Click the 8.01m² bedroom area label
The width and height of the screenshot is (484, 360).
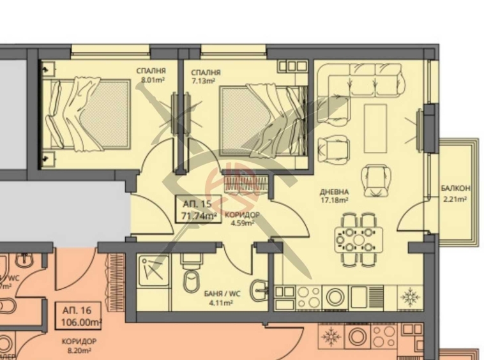(153, 81)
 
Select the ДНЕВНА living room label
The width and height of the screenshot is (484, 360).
(334, 191)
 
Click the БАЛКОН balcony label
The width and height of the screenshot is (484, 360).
(455, 188)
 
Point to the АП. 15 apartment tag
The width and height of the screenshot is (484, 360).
(197, 204)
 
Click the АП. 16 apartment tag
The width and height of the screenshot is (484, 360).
(77, 310)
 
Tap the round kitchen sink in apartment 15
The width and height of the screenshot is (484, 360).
(334, 297)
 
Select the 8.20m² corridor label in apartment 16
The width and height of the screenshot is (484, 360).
(80, 345)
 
